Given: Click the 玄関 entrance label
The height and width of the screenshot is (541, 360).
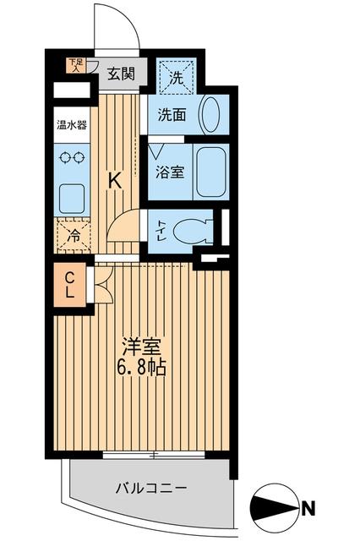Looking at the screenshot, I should point(121,74).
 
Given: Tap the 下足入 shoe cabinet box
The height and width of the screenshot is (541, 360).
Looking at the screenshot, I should point(76,65).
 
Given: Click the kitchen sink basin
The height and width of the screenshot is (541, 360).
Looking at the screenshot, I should point(72,197).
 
